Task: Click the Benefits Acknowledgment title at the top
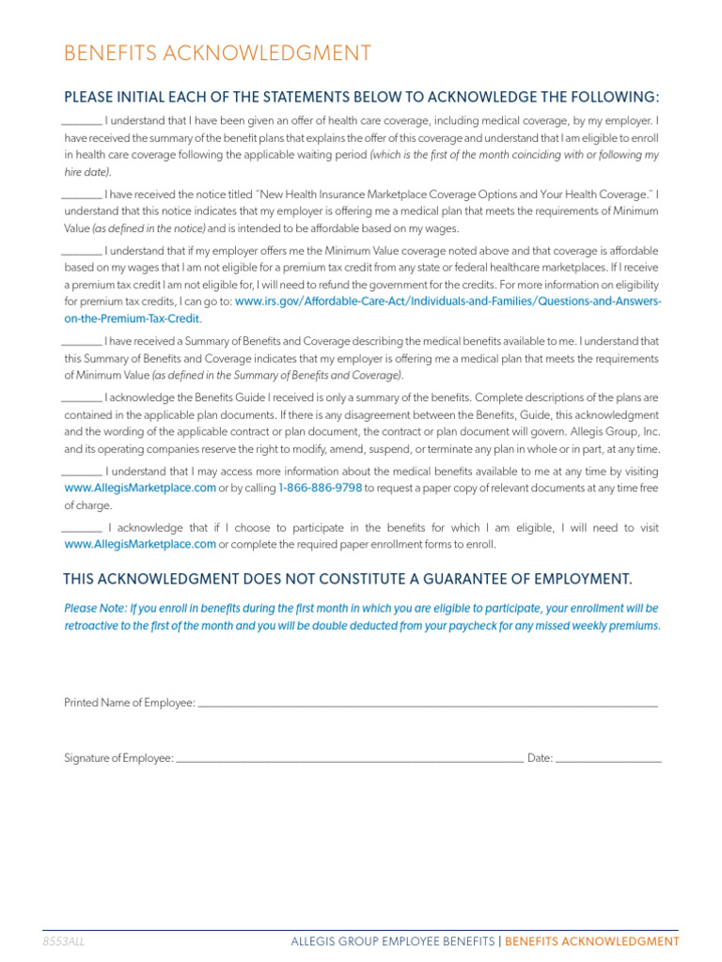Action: coord(217,54)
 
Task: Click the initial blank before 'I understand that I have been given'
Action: coord(82,122)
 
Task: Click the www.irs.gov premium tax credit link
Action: coord(447,302)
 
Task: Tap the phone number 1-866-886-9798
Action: coord(321,489)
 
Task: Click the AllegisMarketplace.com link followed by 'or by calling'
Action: coord(140,489)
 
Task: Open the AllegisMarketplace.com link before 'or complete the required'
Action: coord(140,544)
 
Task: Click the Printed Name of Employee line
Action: coord(428,704)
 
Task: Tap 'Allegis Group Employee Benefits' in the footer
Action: coord(392,941)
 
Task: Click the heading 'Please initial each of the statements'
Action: coord(361,98)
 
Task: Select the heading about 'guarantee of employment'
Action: coord(347,577)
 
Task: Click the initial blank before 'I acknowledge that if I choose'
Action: coord(82,529)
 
